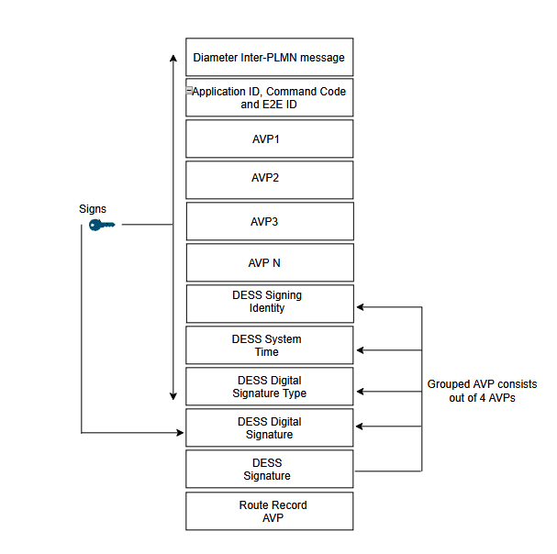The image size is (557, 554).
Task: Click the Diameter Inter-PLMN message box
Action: (x=269, y=57)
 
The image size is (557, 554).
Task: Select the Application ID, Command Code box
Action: (x=269, y=97)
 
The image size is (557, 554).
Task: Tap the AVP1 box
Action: (x=269, y=138)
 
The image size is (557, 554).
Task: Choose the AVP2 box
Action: (x=269, y=180)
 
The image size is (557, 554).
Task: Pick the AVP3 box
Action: (x=269, y=221)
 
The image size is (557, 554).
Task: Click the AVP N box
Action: (x=269, y=262)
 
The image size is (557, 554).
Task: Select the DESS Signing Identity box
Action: (x=269, y=303)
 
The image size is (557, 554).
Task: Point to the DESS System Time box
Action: (x=269, y=345)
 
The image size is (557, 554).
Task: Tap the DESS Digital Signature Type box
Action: (x=269, y=386)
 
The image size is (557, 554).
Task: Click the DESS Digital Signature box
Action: (x=269, y=427)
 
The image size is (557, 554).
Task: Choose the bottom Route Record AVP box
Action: (x=269, y=511)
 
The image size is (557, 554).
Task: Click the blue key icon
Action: (x=101, y=224)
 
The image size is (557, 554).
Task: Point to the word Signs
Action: (x=93, y=209)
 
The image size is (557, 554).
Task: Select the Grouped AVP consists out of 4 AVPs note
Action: (x=482, y=392)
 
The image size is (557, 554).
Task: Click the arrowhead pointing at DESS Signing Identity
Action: (x=360, y=307)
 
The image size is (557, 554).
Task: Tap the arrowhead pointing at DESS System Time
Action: (x=360, y=349)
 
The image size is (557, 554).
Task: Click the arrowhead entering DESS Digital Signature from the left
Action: (x=181, y=432)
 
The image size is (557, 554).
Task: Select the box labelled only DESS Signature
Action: (x=269, y=469)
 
